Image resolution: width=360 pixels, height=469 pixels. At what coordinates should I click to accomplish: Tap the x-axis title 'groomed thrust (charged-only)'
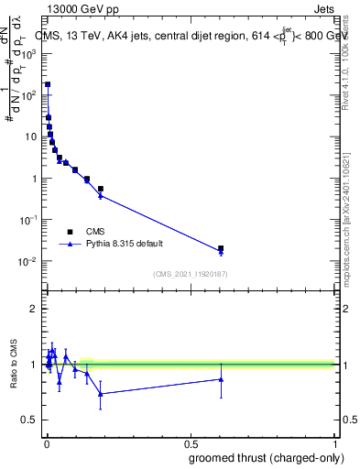click(267, 458)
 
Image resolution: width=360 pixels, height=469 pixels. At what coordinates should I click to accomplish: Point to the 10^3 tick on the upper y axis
click(29, 54)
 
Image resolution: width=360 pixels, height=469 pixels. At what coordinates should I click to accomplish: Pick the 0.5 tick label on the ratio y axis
click(31, 420)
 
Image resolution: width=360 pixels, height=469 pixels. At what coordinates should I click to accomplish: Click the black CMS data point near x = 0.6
click(221, 248)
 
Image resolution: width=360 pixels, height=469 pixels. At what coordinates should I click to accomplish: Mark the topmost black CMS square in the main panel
click(48, 84)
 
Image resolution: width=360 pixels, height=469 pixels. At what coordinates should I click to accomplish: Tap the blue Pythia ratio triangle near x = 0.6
click(221, 378)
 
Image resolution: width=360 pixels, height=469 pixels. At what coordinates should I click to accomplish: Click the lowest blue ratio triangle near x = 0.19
click(101, 394)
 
